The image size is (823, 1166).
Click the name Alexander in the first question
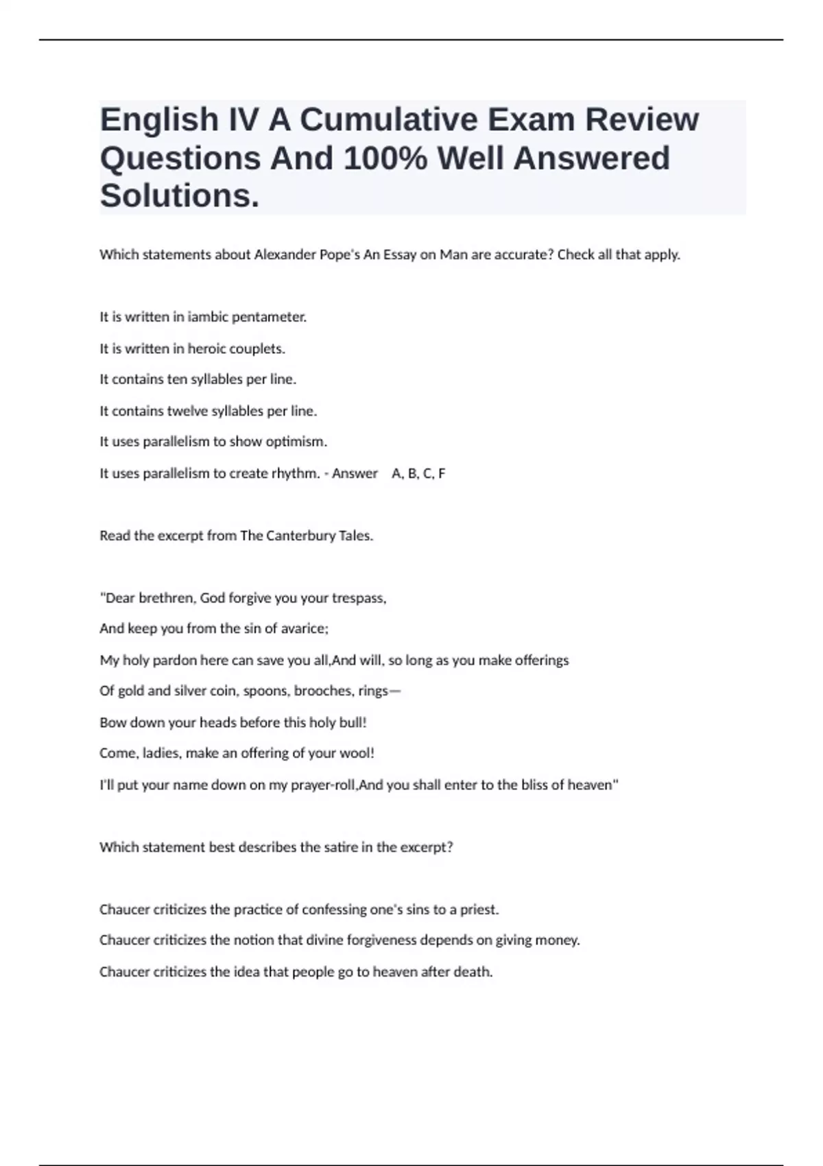tap(283, 254)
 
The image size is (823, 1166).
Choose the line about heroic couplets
tap(192, 348)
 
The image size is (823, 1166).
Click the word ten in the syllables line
tap(177, 379)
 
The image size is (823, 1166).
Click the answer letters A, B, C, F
tap(418, 473)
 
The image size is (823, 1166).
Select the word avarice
tap(304, 629)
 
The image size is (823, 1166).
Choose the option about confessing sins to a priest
tap(299, 909)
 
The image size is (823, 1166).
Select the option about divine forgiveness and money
tap(339, 940)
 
